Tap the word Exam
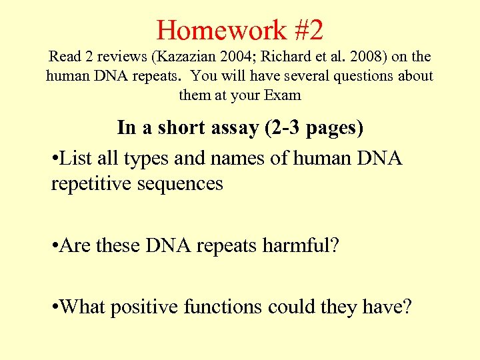point(283,95)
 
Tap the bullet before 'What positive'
point(54,307)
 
